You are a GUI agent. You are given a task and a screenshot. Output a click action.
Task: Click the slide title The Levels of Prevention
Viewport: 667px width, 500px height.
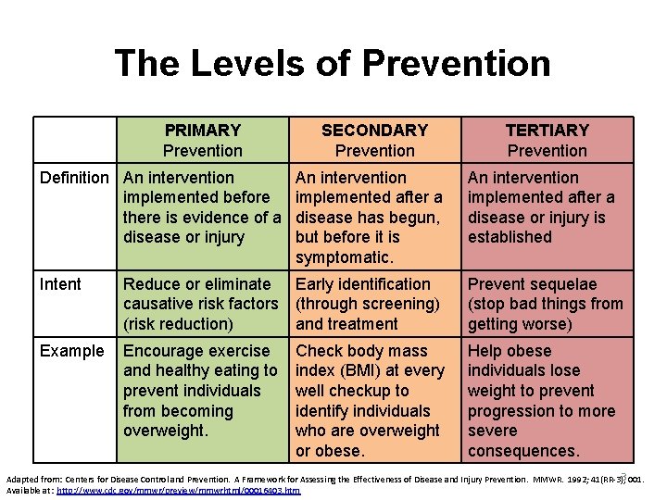333,64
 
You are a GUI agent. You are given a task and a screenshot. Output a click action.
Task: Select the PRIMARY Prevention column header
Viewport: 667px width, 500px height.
202,140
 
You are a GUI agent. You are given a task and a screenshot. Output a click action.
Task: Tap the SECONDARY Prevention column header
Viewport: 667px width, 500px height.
374,140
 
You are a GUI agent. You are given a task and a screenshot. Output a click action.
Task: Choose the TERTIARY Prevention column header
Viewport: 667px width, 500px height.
547,140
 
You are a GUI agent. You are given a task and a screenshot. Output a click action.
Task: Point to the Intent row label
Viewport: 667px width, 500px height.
60,284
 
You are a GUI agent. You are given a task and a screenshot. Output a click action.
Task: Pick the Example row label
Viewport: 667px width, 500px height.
71,351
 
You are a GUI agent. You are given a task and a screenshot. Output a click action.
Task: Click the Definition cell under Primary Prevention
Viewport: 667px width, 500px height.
202,206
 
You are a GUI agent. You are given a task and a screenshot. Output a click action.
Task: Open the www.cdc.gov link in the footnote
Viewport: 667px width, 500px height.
178,490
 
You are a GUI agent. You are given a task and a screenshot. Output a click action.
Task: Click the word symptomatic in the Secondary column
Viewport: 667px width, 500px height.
344,256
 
